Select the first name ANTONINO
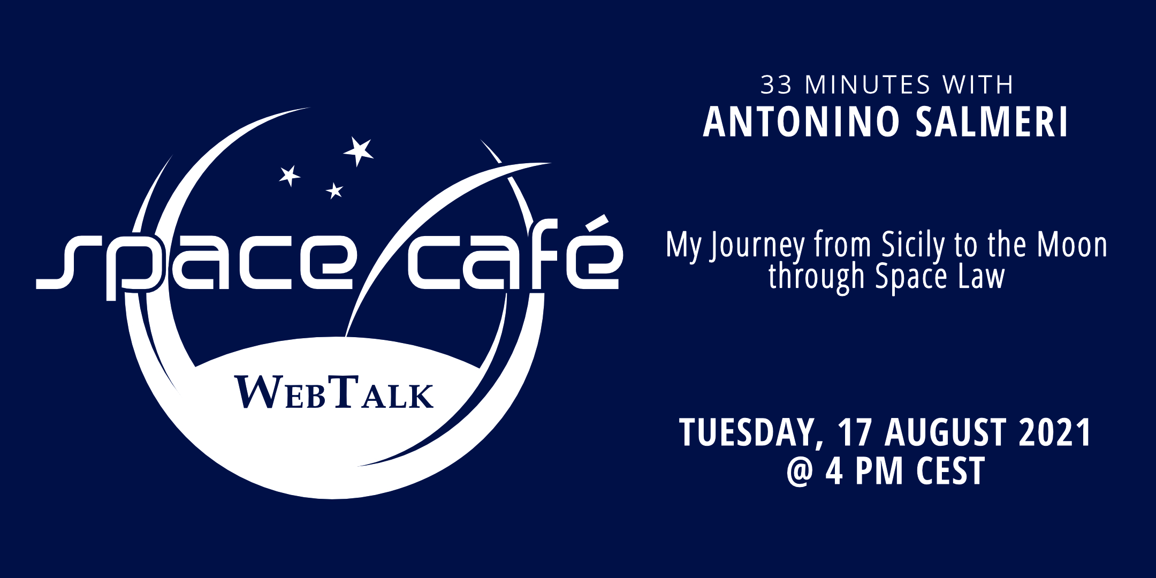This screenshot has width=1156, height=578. [x=801, y=122]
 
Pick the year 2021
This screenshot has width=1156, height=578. [x=1054, y=432]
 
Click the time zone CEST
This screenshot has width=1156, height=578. [x=950, y=470]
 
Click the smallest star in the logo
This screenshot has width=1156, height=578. [x=334, y=191]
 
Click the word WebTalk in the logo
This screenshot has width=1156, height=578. [x=333, y=393]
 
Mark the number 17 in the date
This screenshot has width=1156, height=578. [x=854, y=432]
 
